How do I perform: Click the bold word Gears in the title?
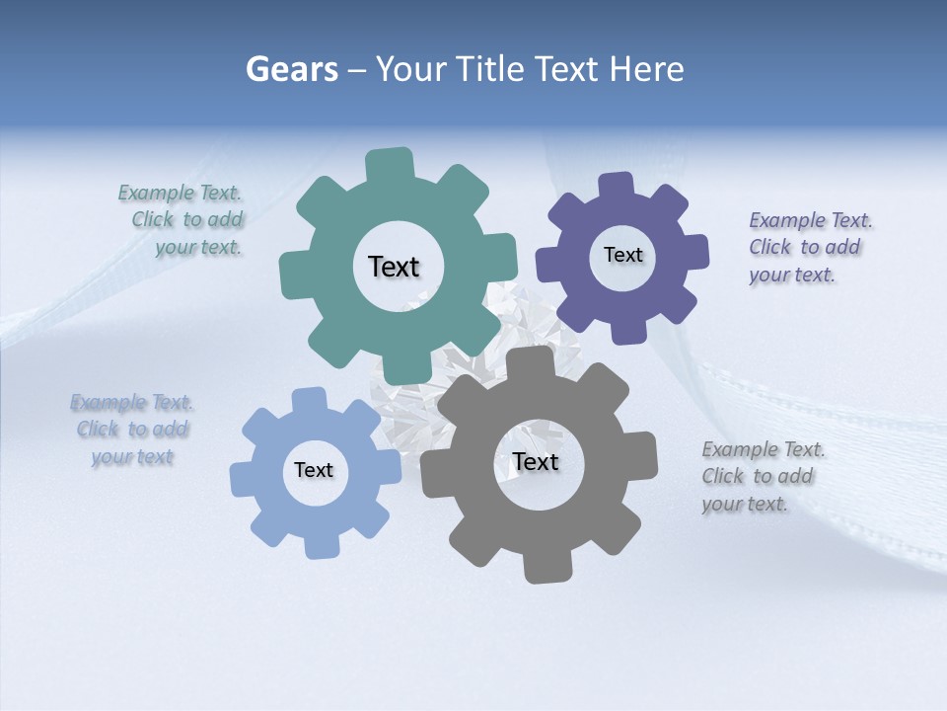coord(291,69)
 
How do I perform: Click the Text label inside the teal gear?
coord(394,267)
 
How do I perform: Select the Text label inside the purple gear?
coord(622,255)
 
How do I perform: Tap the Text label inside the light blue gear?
coord(314,471)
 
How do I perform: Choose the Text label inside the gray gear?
coord(536,462)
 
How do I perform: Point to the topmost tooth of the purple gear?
coord(617,187)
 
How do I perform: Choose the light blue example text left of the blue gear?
coord(132,430)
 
